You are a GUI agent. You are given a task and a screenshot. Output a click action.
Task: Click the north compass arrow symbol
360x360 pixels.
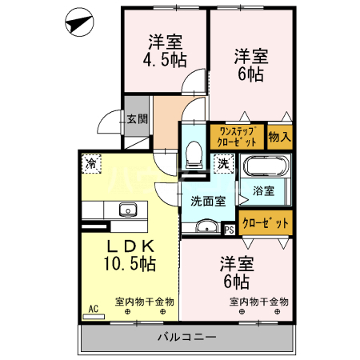[78, 22]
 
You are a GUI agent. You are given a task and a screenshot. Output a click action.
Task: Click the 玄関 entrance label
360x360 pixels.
[136, 119]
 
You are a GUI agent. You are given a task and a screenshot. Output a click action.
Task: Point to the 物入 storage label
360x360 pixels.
[279, 137]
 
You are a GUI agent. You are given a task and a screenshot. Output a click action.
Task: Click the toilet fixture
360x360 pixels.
[193, 154]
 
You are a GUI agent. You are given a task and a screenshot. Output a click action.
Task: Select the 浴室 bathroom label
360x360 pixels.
[264, 191]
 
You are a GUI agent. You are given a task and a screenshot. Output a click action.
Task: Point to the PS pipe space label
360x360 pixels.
[230, 229]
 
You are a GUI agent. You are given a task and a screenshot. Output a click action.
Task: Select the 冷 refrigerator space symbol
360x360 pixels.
[90, 163]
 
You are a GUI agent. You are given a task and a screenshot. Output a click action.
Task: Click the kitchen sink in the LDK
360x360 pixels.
[128, 210]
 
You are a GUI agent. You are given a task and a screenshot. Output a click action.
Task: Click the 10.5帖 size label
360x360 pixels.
[127, 263]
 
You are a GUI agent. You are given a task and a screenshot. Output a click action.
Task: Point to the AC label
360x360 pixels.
[93, 308]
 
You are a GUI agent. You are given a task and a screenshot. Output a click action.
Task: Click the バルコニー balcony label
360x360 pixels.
[186, 337]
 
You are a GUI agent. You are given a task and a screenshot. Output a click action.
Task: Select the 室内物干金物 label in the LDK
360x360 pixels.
[144, 302]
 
